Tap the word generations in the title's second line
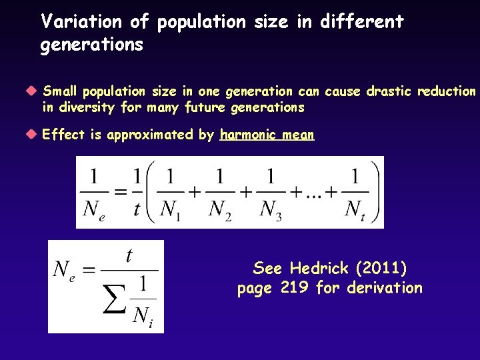pos(92,45)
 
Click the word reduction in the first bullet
pos(447,91)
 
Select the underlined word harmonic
pos(246,135)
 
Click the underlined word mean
pos(297,135)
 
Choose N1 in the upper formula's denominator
pos(173,210)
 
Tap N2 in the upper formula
pos(220,210)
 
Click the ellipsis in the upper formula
pos(313,195)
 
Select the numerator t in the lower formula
pos(129,255)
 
